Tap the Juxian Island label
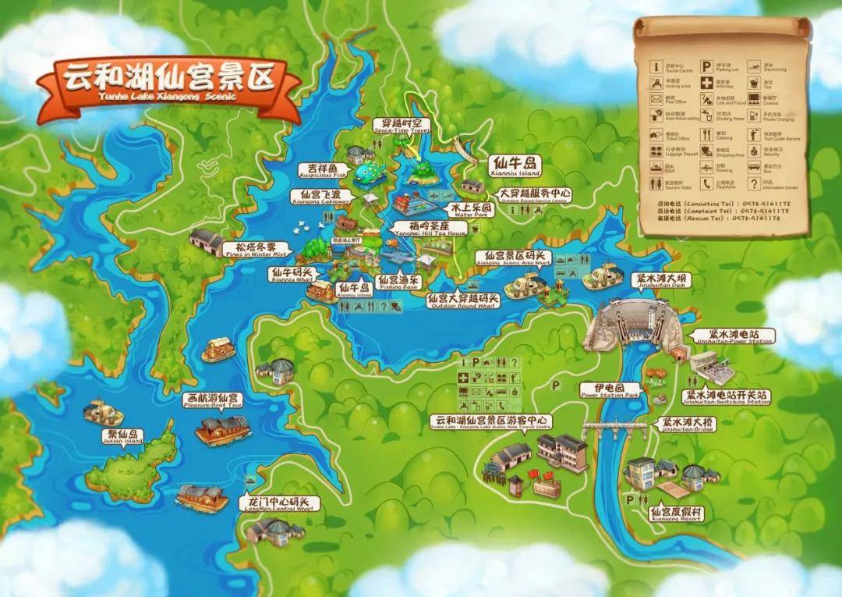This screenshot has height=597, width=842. click(122, 437)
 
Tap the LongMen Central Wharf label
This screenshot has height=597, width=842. click(278, 504)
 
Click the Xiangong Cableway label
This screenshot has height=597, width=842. click(320, 197)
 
